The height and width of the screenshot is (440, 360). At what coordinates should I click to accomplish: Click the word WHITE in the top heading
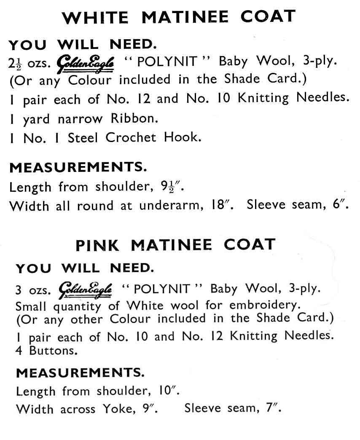(x=95, y=18)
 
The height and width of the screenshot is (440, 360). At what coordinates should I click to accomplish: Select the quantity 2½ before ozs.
(x=16, y=63)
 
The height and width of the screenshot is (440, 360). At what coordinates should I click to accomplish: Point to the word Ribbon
(x=134, y=118)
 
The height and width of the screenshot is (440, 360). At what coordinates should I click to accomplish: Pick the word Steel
(x=83, y=137)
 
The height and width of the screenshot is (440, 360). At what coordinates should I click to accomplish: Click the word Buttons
(x=46, y=350)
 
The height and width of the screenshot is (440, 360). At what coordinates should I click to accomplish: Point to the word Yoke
(x=116, y=408)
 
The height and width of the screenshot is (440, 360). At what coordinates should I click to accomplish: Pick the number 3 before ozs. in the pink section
(x=19, y=290)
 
